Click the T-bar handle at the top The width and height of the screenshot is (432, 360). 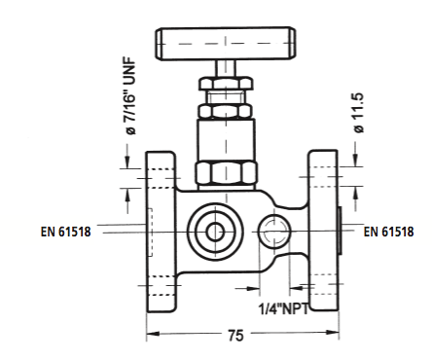coord(226,44)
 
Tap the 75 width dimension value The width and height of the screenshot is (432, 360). coord(235,335)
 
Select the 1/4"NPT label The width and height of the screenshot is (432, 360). coord(284,308)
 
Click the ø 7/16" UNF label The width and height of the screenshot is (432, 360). coord(130,96)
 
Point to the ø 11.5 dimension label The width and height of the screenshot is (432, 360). coord(359,113)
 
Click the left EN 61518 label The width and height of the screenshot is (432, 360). coord(65,232)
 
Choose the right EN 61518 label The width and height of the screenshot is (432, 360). coord(388,232)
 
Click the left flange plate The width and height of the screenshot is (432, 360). coord(161,232)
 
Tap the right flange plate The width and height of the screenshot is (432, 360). coord(323,231)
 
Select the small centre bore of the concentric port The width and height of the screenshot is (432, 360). coord(215,233)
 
